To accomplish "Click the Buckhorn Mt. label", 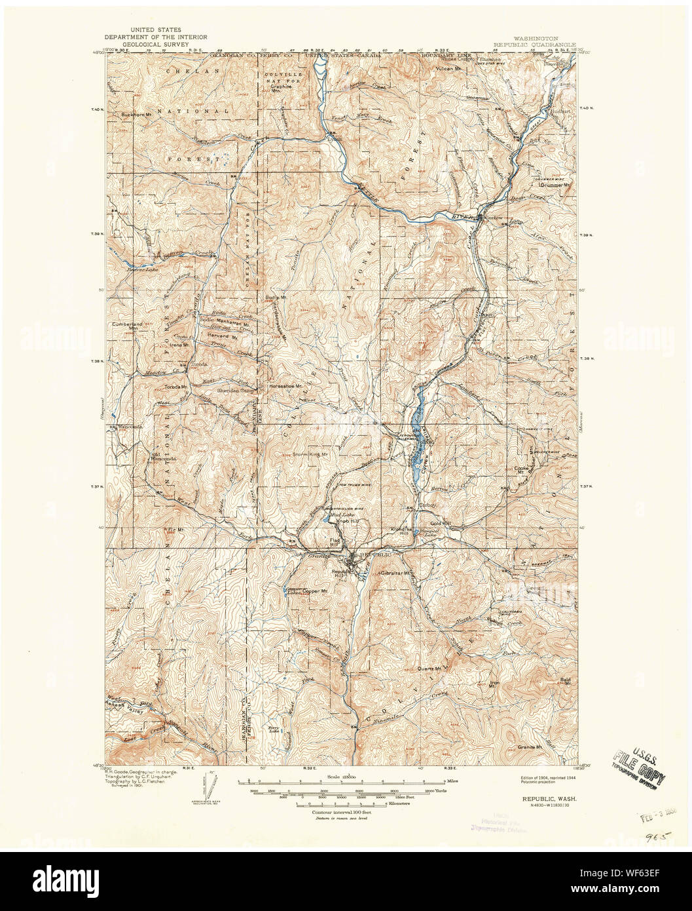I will [137, 115].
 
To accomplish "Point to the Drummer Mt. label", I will [555, 185].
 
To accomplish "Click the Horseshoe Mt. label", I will [286, 387].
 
